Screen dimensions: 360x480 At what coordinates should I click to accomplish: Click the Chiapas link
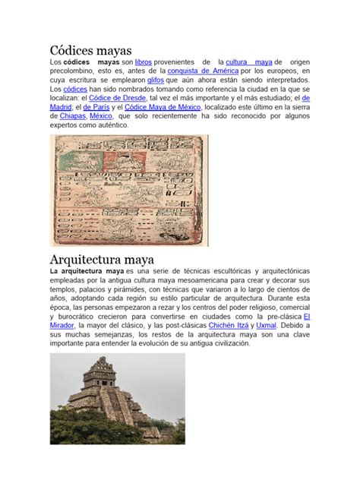(x=68, y=117)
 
